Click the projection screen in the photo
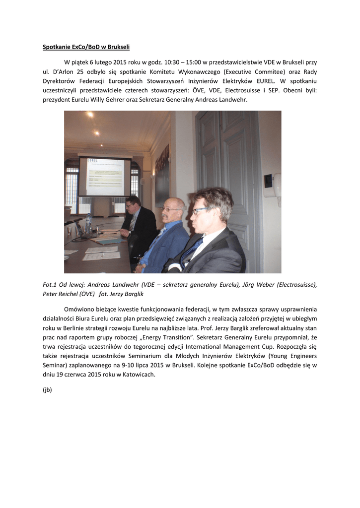click(105, 177)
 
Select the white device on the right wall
click(273, 185)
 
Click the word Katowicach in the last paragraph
click(139, 375)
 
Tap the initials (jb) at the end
click(47, 390)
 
